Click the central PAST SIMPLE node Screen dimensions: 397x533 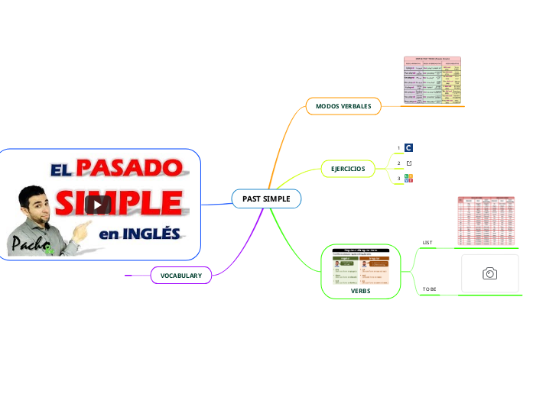pos(266,198)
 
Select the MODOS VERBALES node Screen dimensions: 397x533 pos(343,106)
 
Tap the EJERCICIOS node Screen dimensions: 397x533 pos(348,168)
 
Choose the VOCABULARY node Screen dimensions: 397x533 pos(181,275)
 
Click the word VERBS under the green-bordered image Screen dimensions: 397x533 pos(360,291)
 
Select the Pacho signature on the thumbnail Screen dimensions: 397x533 pos(28,244)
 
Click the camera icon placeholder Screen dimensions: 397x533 pos(490,273)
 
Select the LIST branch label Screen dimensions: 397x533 pos(427,243)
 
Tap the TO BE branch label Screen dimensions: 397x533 pos(430,289)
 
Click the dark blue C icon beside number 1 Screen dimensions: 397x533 pos(409,148)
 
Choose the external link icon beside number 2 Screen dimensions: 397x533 pos(409,163)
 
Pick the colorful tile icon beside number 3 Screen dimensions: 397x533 pos(409,179)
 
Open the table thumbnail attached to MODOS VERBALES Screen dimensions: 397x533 pos(433,80)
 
